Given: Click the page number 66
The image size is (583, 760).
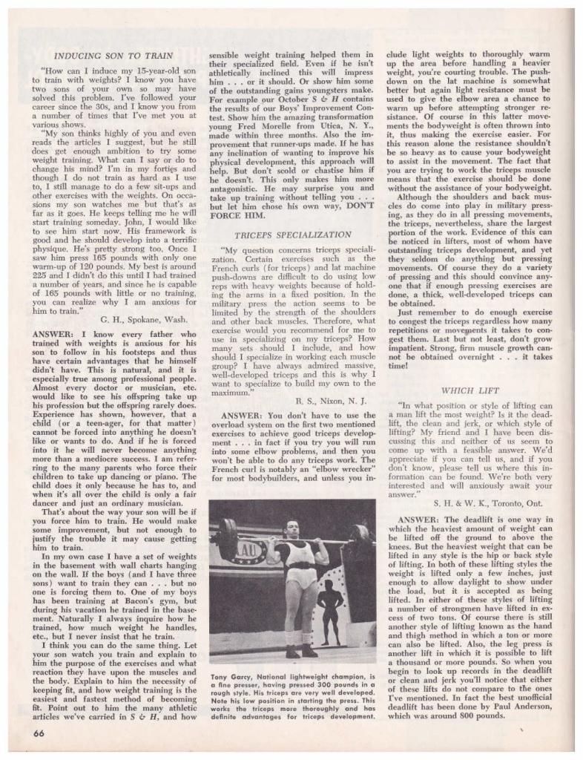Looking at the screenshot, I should (x=39, y=731).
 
